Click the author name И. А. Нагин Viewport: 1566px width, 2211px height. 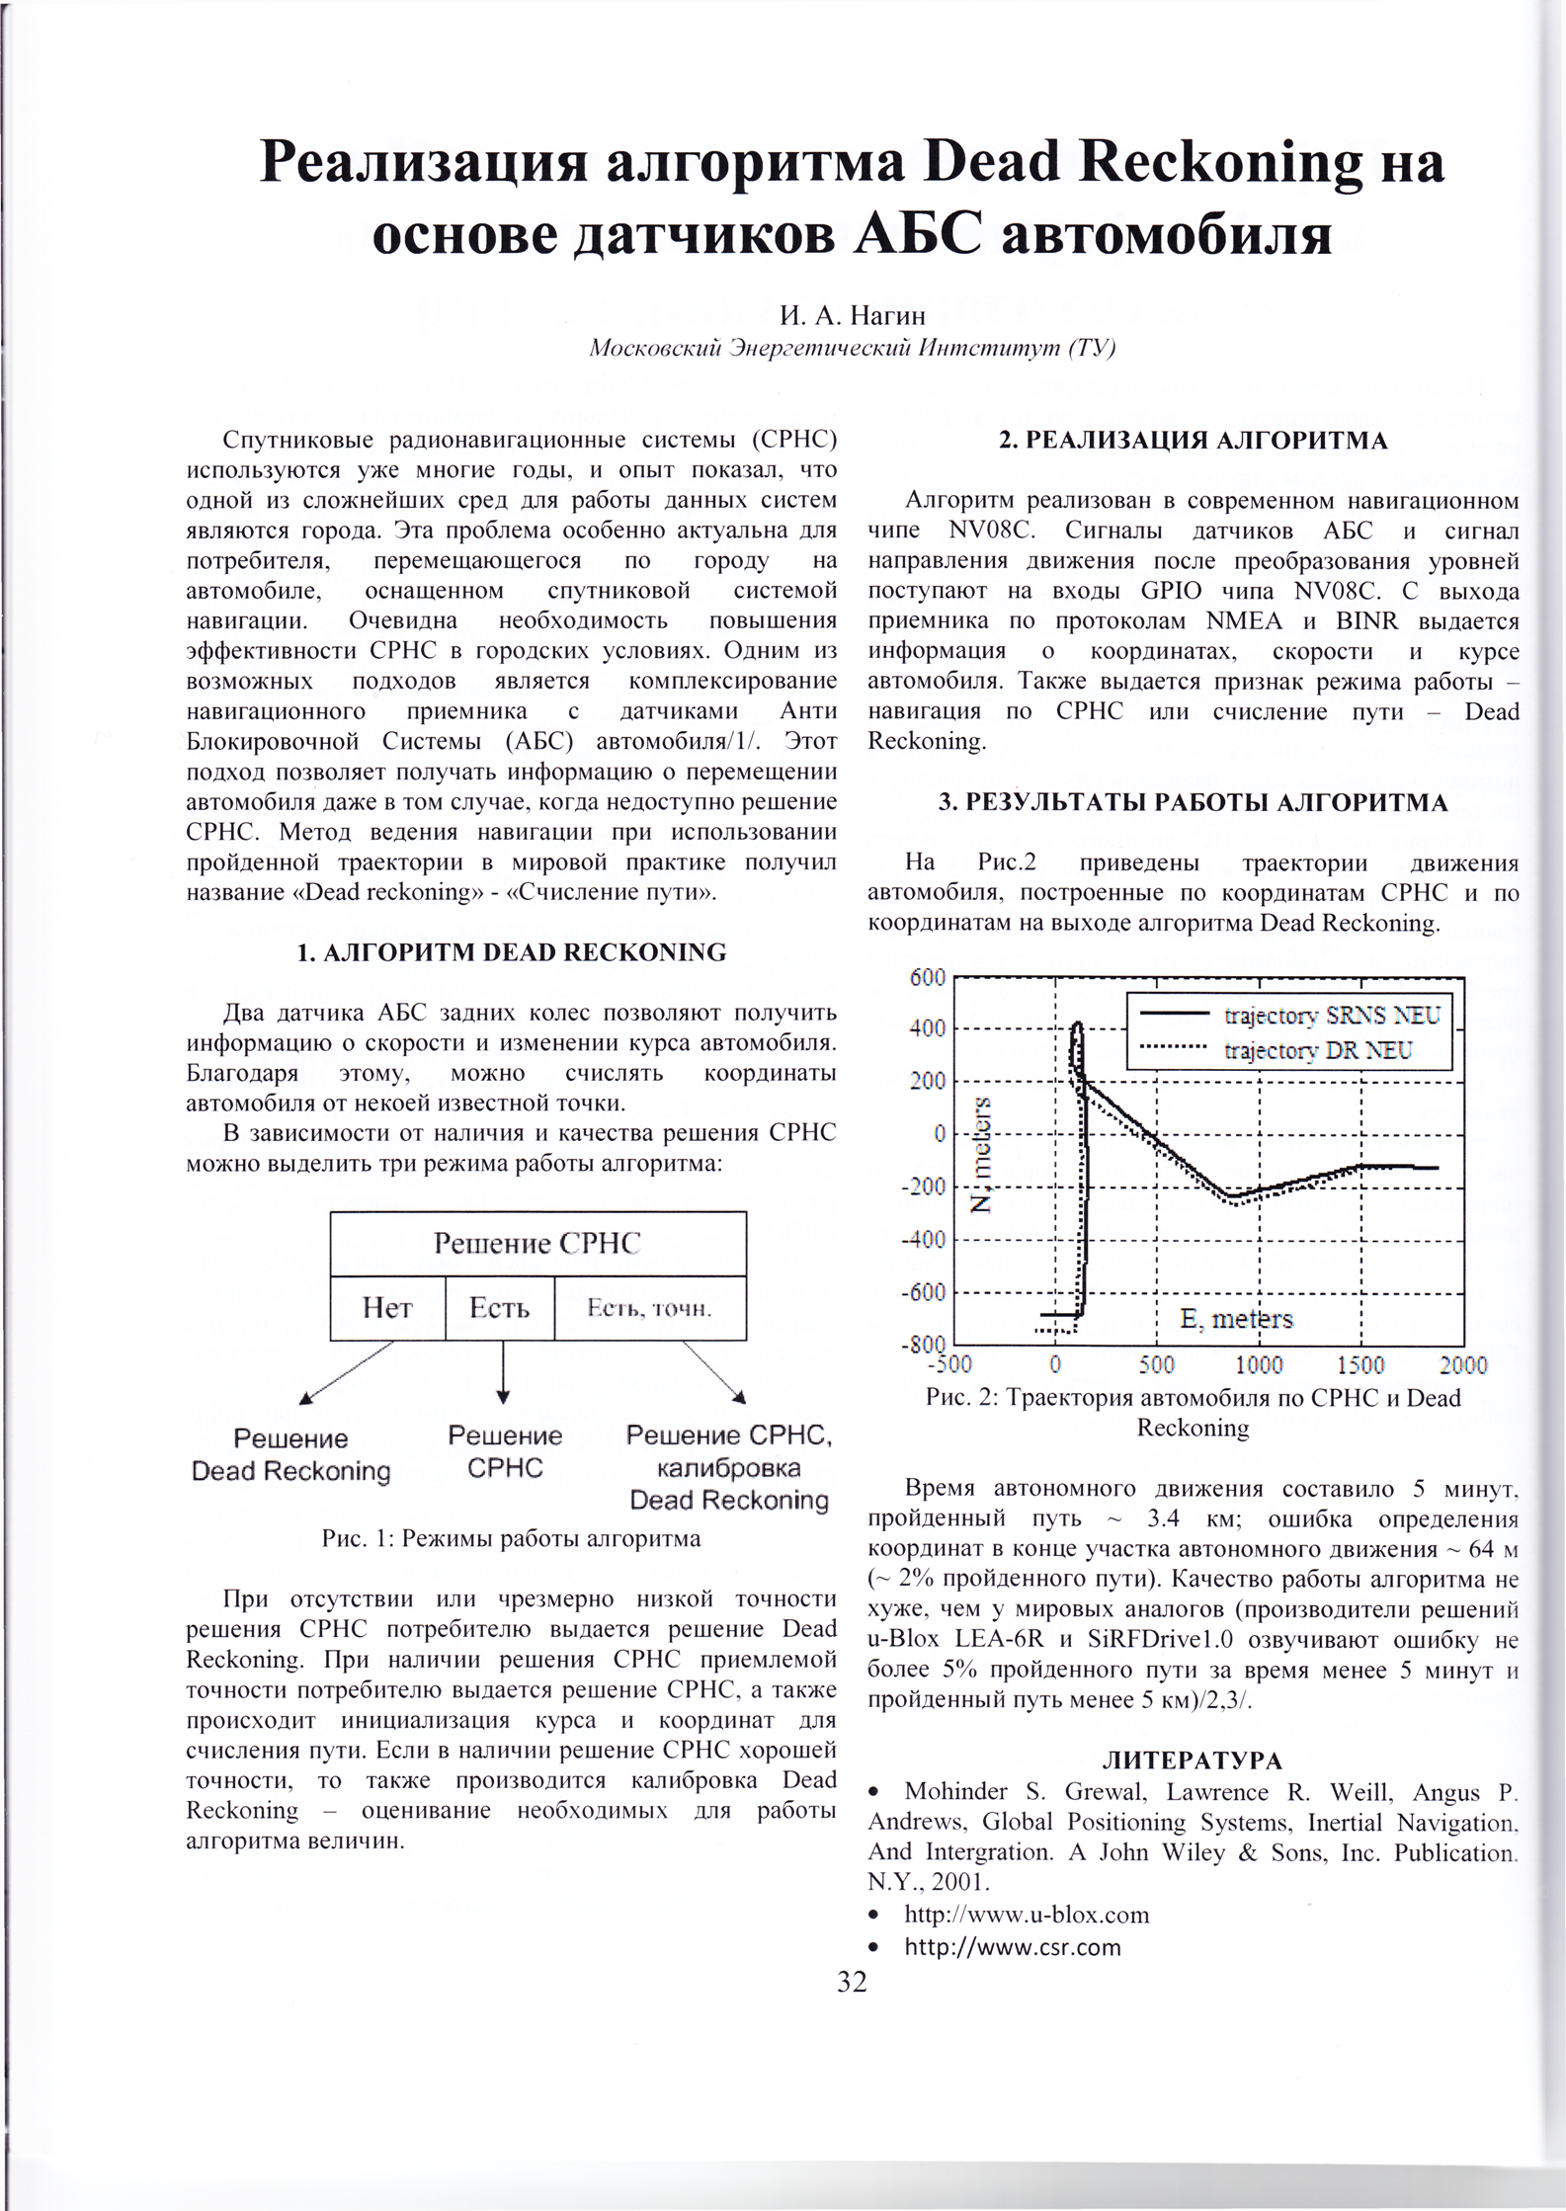pyautogui.click(x=852, y=316)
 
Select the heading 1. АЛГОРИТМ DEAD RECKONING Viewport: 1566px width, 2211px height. pyautogui.click(x=512, y=952)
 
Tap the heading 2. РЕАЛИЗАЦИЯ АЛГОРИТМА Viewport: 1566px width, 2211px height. pyautogui.click(x=1193, y=441)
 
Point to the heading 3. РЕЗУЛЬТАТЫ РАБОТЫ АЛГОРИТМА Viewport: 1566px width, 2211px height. pyautogui.click(x=1193, y=803)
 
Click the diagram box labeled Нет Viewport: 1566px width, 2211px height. pyautogui.click(x=387, y=1308)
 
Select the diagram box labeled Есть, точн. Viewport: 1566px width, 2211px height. pyautogui.click(x=649, y=1308)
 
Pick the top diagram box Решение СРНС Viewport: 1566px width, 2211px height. pyautogui.click(x=537, y=1243)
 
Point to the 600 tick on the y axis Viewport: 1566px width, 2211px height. pyautogui.click(x=928, y=978)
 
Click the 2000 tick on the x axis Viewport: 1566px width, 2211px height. pyautogui.click(x=1462, y=1365)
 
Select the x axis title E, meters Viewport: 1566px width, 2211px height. pyautogui.click(x=1235, y=1319)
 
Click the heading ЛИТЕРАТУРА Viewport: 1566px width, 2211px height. pyautogui.click(x=1193, y=1760)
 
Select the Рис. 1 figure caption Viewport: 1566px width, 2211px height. pyautogui.click(x=511, y=1538)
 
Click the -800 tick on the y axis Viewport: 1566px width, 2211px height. pyautogui.click(x=925, y=1346)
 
